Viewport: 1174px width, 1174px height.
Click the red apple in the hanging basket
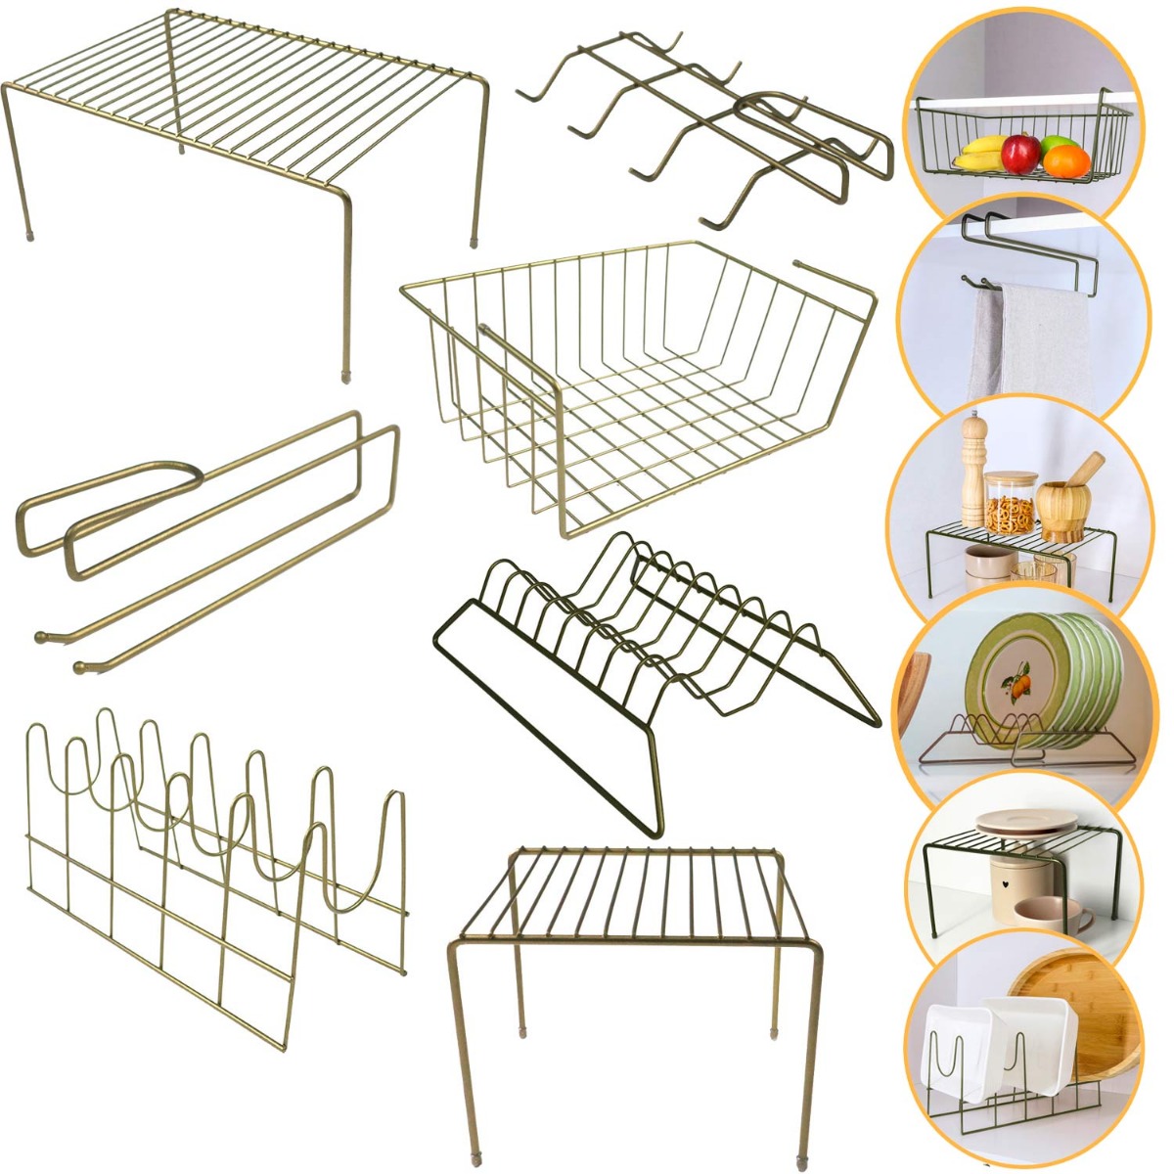pyautogui.click(x=1020, y=153)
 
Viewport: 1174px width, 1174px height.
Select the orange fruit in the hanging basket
pyautogui.click(x=1067, y=159)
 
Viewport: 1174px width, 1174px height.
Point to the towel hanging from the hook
pyautogui.click(x=1037, y=338)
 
